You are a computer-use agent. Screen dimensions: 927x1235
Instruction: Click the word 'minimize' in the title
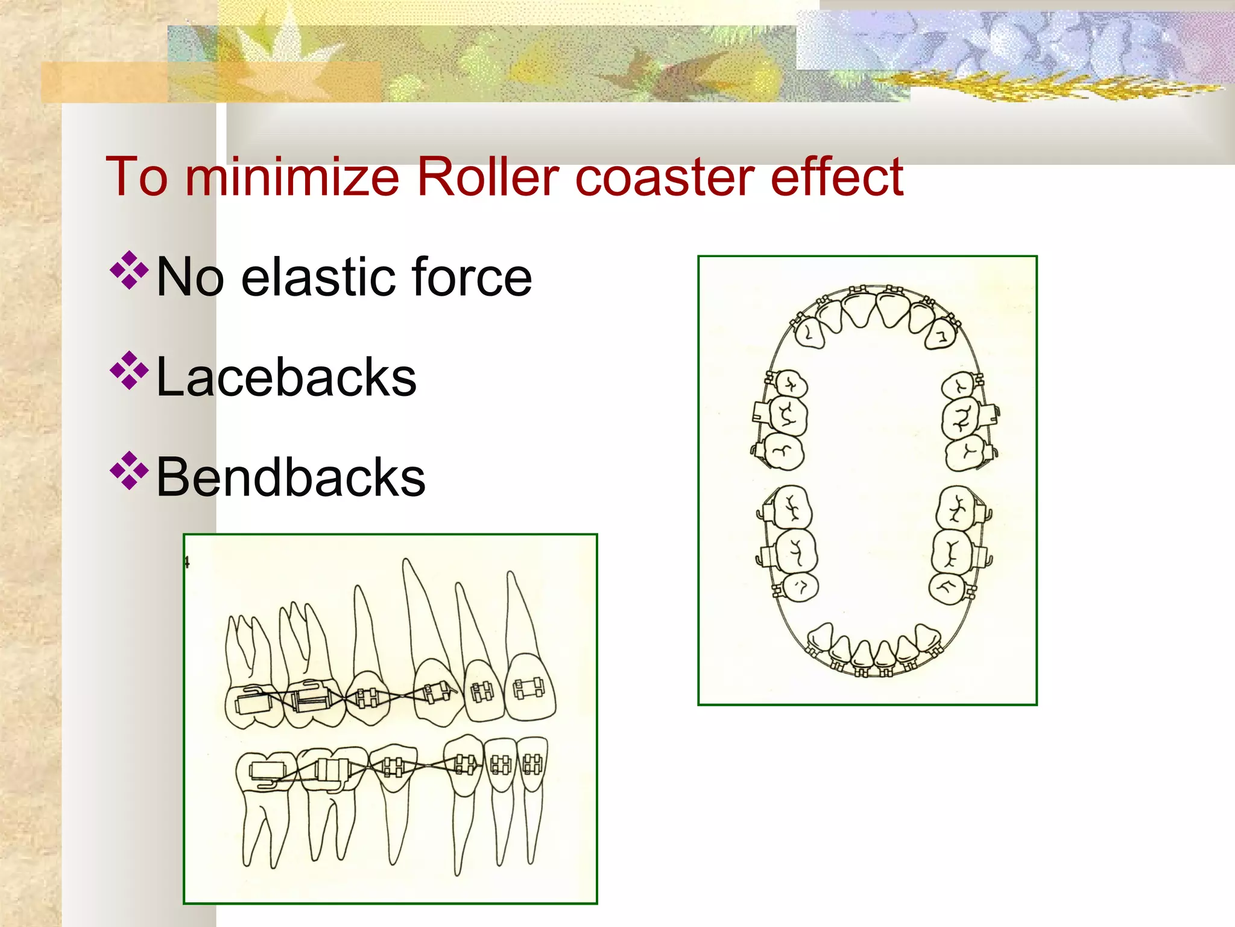coord(292,177)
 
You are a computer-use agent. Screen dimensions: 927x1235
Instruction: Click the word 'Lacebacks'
coord(286,377)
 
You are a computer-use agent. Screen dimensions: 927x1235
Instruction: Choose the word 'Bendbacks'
coord(291,477)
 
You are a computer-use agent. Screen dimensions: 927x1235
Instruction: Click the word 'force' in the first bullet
coord(470,277)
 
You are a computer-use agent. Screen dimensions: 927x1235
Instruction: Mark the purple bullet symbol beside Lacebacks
coord(129,370)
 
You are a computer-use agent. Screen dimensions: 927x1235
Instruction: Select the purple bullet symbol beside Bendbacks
coord(129,470)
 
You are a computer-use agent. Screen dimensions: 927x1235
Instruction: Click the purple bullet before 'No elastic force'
coord(129,270)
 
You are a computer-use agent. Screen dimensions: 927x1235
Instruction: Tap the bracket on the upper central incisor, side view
coord(529,689)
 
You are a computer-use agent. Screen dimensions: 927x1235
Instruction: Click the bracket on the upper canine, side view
coord(435,692)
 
